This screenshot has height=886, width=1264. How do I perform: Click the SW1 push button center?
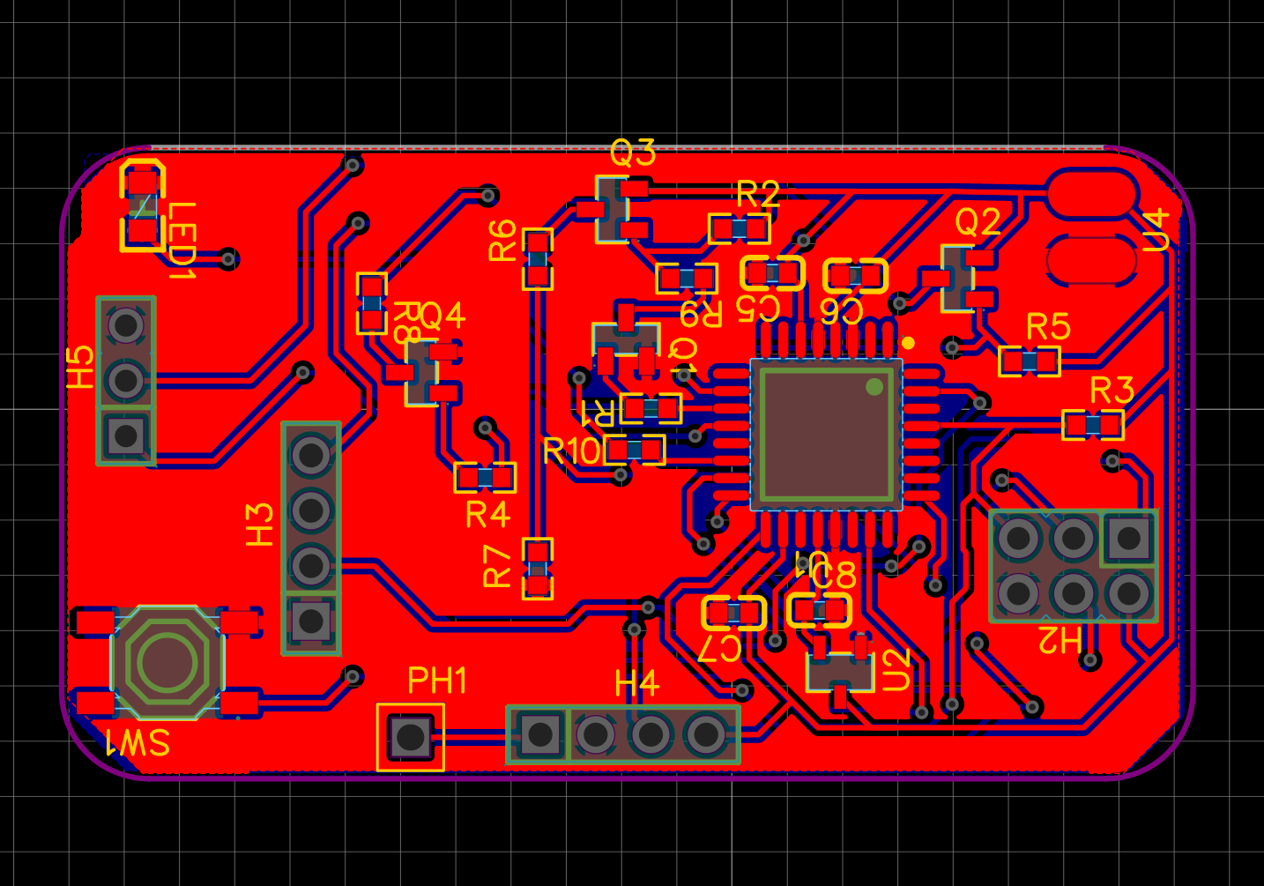[167, 660]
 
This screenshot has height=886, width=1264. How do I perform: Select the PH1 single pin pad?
[410, 736]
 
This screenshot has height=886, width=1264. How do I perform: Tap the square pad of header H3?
[310, 621]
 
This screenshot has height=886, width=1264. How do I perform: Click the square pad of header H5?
[126, 435]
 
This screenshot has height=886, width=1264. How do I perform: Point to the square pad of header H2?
[1128, 537]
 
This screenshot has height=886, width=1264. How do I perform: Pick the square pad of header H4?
[539, 733]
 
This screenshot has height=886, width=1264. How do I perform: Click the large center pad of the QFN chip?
[826, 434]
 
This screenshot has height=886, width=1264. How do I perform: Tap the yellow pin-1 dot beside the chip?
[908, 343]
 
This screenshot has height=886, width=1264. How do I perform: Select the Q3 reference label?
[633, 153]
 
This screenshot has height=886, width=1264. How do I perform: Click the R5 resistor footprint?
[1029, 361]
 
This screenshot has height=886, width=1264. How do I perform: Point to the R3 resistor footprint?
[1093, 425]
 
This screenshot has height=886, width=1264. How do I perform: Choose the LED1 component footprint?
[142, 206]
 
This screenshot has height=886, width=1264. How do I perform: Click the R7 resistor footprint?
[537, 569]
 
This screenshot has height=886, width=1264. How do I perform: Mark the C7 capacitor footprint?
[733, 611]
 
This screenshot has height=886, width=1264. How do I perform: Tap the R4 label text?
[487, 514]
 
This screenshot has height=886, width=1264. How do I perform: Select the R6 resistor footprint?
[537, 259]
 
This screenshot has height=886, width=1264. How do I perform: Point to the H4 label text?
[636, 683]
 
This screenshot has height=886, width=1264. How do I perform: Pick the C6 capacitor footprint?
[855, 276]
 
